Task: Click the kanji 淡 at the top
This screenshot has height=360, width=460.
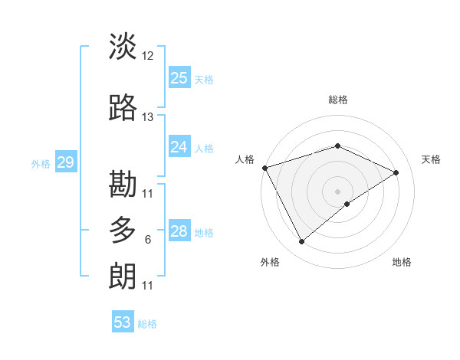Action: coord(123,47)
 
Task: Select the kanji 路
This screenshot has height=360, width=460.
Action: coord(123,108)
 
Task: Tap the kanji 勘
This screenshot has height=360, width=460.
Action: coord(123,184)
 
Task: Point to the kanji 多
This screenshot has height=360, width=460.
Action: coord(123,230)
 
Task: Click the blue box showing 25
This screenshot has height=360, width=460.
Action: coord(179,78)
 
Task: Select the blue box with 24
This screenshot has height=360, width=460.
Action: coord(179,147)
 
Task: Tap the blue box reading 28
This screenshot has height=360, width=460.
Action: coord(179,231)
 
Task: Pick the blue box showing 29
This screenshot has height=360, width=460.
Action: coord(65,162)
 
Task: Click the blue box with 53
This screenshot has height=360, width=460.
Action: coord(123,322)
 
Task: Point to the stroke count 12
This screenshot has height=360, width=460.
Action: coord(148,56)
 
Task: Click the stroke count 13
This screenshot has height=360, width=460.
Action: coord(148,117)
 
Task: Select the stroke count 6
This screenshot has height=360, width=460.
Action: coord(148,240)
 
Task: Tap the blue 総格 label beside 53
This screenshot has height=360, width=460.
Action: coord(147,324)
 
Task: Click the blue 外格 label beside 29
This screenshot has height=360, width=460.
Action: coord(41,163)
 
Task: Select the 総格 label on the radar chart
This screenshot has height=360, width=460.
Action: coord(338,100)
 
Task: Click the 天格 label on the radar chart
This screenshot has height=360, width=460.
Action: coord(431,159)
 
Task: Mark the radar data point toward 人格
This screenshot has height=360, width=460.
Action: coord(264,167)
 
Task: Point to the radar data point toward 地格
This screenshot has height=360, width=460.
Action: coord(347,204)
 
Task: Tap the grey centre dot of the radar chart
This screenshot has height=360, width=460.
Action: coord(338,191)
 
